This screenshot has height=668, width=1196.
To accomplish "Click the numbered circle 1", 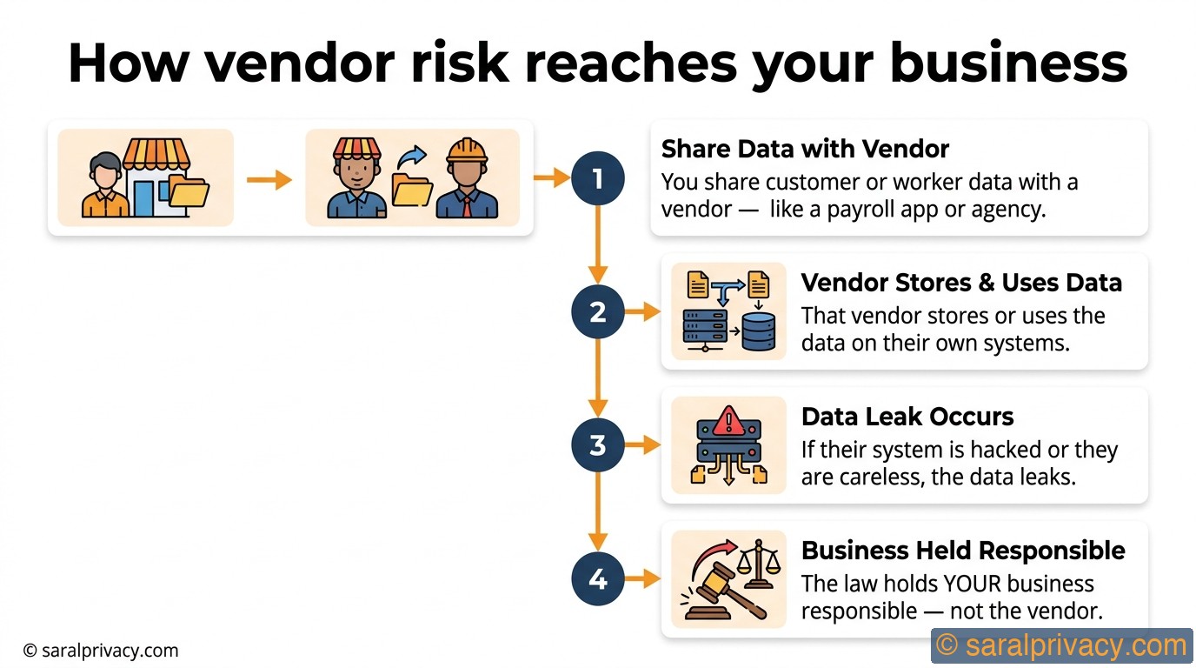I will click(x=597, y=178).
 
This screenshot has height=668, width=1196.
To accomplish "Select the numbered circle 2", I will click(x=597, y=311).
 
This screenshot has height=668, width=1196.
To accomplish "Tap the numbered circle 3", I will click(x=597, y=445).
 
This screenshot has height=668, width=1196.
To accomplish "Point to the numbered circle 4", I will click(x=597, y=578).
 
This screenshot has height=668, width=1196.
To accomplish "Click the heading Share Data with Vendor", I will click(x=805, y=149).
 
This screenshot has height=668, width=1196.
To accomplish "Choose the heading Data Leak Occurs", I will click(x=907, y=417).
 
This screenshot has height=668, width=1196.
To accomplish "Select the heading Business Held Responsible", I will click(x=962, y=551).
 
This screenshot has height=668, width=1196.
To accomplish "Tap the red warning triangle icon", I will click(x=728, y=422).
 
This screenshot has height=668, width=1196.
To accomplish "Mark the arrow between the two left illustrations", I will click(x=269, y=180).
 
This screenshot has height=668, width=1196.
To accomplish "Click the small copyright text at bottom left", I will click(x=100, y=650).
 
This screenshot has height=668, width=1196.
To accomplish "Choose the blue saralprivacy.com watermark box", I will click(x=1061, y=646).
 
